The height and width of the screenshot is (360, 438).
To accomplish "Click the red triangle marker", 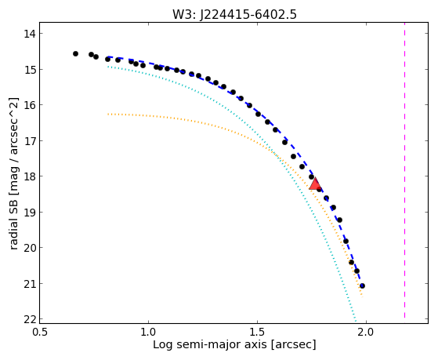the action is [315, 184].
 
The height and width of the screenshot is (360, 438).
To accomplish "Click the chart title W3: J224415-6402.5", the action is [234, 14].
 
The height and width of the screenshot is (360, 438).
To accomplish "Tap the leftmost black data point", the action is [75, 53].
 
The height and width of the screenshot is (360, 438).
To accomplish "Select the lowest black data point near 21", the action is [362, 285].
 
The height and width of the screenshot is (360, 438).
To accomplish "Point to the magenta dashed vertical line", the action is [404, 173].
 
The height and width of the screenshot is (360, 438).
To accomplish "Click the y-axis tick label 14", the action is [30, 34].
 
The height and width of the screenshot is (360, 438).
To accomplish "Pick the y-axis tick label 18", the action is [30, 176].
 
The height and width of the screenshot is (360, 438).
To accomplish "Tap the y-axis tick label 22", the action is [30, 319].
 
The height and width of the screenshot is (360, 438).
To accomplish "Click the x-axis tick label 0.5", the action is [40, 332].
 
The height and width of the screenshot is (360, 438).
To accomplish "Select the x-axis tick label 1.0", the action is [149, 332].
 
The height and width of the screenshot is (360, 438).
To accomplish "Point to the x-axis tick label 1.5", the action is [257, 332].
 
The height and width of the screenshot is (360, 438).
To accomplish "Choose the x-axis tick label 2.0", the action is [366, 332].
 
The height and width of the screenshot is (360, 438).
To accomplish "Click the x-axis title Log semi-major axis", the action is [210, 344].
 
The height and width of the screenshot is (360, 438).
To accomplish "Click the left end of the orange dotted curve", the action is [108, 115].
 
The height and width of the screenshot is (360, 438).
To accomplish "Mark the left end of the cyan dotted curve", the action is [108, 67].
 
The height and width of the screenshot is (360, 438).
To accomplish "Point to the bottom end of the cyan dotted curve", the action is [356, 321].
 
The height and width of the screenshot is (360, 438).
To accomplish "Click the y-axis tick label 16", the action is [30, 105].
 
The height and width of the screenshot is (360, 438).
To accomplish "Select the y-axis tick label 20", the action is [30, 248].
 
